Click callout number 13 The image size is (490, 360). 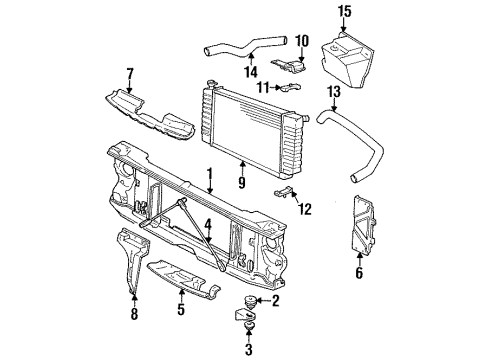coord(334,92)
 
